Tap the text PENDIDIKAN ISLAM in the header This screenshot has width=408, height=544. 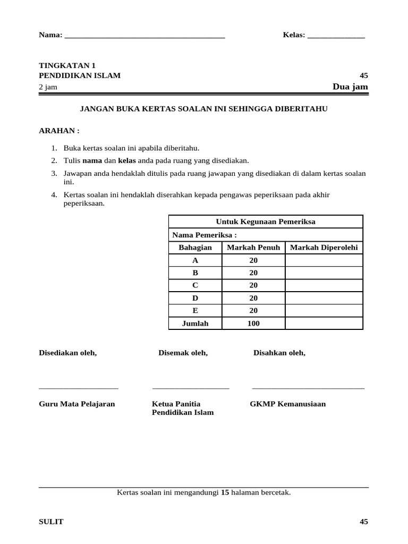[x=80, y=75]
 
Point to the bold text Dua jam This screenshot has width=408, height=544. [x=350, y=87]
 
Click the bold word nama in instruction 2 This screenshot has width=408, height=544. [x=91, y=160]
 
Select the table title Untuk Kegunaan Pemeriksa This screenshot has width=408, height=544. [x=266, y=222]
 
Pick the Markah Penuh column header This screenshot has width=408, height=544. [x=253, y=248]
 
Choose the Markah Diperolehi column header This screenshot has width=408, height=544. [x=324, y=248]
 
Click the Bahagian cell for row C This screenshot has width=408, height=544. [x=195, y=285]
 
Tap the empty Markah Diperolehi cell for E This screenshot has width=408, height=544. [x=324, y=311]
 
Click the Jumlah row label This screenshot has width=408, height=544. [x=195, y=324]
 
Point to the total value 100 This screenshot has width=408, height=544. [x=253, y=324]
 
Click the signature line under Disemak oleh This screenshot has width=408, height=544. [x=191, y=388]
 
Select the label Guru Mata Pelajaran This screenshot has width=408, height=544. [x=77, y=404]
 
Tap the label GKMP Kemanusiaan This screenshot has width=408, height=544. [x=288, y=404]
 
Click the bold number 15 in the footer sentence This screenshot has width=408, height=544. [x=225, y=492]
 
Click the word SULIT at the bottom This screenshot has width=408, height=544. [x=51, y=522]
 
